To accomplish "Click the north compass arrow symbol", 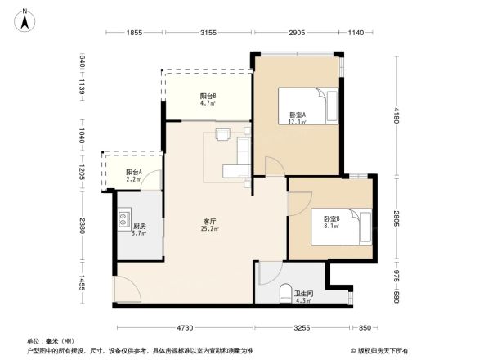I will (25, 19).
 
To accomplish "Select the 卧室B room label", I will (331, 223).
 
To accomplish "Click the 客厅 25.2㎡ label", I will (210, 225).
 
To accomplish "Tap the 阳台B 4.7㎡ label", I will (208, 100).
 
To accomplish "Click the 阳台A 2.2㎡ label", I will (134, 175).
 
